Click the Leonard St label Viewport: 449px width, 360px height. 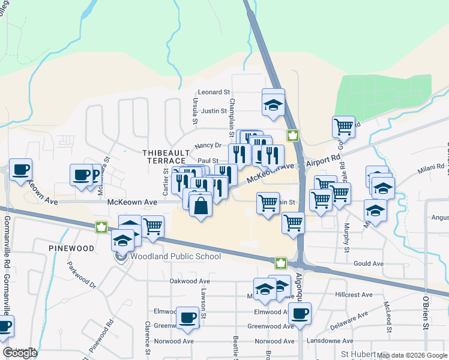[214, 92]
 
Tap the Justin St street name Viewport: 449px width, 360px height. [214, 111]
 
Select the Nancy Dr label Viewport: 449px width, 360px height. [208, 145]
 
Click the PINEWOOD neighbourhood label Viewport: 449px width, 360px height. [72, 248]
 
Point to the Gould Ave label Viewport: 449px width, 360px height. [369, 263]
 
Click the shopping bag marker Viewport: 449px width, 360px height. [200, 205]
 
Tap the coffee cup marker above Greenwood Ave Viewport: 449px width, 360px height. [187, 317]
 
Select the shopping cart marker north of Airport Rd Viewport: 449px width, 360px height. [343, 127]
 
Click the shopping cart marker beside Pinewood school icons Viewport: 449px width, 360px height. [153, 227]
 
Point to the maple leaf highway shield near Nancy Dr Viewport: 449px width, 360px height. [292, 136]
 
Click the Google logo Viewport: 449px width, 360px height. [20, 353]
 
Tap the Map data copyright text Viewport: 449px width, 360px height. [412, 355]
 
